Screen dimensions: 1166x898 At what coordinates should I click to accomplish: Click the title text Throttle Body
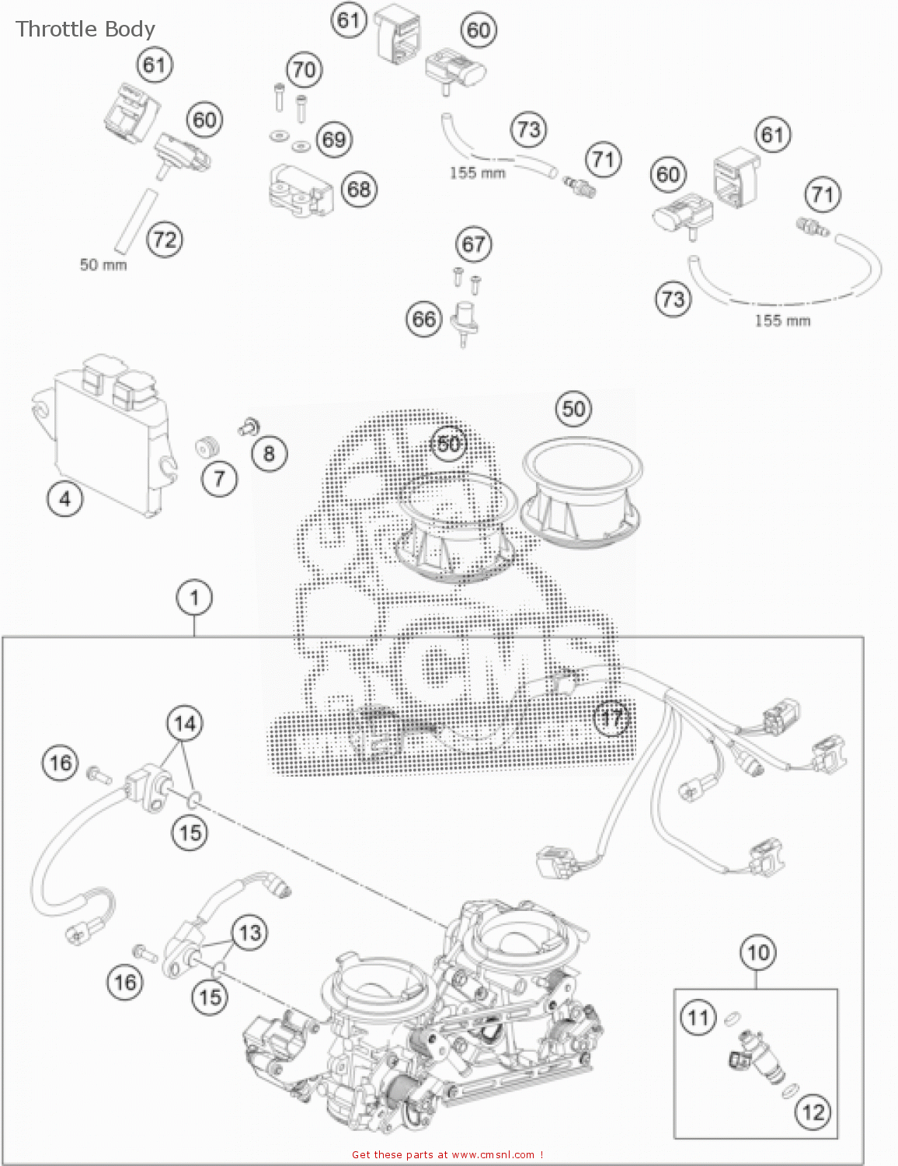coord(85,30)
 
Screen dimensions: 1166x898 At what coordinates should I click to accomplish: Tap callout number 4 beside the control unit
coord(65,498)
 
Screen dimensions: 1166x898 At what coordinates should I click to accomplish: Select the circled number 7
coord(219,478)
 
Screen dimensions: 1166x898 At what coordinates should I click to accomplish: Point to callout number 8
coord(269,453)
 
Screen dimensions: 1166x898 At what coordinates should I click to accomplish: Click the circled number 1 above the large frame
coord(194,598)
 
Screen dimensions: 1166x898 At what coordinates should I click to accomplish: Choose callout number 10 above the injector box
coord(757,952)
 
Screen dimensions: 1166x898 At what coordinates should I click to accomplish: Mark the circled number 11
coord(698,1018)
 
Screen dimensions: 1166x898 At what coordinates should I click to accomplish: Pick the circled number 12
coord(813,1112)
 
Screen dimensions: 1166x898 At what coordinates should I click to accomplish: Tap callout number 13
coord(249,932)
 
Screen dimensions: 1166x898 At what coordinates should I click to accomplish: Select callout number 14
coord(185,724)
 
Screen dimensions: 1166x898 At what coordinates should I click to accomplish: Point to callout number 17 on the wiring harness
coord(612,717)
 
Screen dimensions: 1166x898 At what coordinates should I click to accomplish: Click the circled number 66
coord(424,319)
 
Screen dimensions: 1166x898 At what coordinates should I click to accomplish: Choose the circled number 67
coord(474,245)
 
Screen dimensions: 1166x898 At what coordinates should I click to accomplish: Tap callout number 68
coord(359,189)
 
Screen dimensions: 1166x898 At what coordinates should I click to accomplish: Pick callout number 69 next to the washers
coord(334,140)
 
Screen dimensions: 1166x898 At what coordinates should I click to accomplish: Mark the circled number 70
coord(305,71)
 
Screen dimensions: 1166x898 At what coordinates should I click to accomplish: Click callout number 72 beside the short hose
coord(165,239)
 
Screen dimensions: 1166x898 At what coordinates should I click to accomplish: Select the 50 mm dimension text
coord(103,265)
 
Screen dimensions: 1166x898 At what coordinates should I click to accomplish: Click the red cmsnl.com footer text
coord(447,1155)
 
